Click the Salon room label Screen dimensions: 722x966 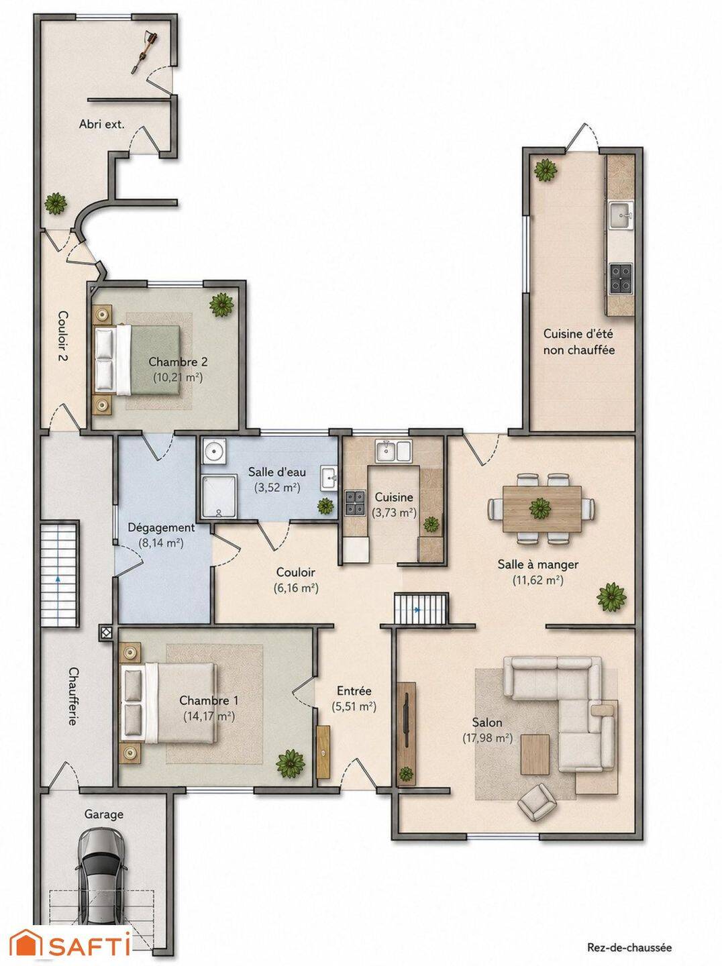click(x=487, y=722)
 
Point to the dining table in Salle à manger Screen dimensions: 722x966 click(x=541, y=508)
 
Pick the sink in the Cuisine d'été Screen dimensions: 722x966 click(x=621, y=215)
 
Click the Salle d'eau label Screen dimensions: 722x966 click(x=277, y=472)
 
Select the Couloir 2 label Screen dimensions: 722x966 click(x=63, y=336)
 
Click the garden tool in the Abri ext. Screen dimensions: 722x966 click(x=144, y=52)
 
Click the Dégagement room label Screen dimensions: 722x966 click(x=161, y=527)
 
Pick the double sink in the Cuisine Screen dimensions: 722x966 click(x=394, y=450)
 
